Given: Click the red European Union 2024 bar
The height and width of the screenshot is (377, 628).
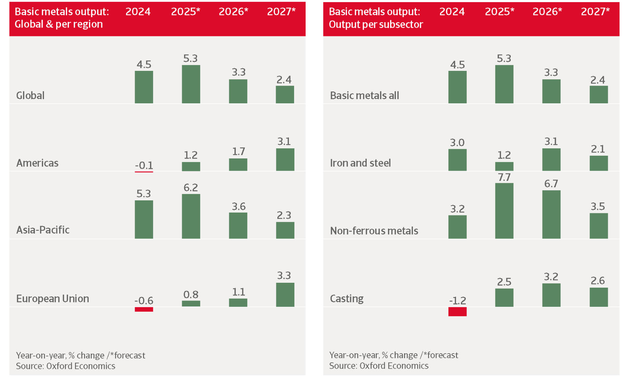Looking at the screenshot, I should (144, 309).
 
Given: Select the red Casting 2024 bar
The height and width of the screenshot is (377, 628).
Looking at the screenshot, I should (457, 311).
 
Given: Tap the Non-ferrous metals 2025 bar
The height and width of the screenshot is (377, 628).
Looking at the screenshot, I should (504, 211).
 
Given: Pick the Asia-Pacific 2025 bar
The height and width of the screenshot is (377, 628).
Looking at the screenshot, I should (191, 216).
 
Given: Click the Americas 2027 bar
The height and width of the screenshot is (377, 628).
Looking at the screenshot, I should (285, 160).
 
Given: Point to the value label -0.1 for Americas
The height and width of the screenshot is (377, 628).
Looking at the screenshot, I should (144, 165).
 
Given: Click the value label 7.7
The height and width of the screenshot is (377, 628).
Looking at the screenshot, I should (504, 177).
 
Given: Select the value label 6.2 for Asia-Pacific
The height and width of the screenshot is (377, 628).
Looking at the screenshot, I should (191, 188).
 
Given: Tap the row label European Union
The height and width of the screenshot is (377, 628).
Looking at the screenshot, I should (53, 299).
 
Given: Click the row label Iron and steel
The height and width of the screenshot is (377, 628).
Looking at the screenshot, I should (360, 163).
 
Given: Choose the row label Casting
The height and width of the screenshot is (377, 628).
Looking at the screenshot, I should (347, 299).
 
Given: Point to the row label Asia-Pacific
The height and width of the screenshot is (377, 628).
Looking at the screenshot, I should (43, 230).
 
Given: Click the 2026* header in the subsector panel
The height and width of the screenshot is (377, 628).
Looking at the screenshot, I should (547, 12).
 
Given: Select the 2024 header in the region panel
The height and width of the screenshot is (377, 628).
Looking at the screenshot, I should (138, 12).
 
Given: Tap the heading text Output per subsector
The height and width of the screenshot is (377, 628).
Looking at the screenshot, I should (376, 24).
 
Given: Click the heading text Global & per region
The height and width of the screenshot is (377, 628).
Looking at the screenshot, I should (59, 24).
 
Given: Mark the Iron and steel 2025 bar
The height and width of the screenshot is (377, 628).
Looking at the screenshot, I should (504, 166).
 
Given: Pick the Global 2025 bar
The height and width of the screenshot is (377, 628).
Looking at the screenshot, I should (191, 84).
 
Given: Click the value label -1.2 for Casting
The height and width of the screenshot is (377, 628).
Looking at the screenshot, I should (457, 301).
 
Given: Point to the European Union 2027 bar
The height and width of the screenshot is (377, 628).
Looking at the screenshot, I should (285, 295).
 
